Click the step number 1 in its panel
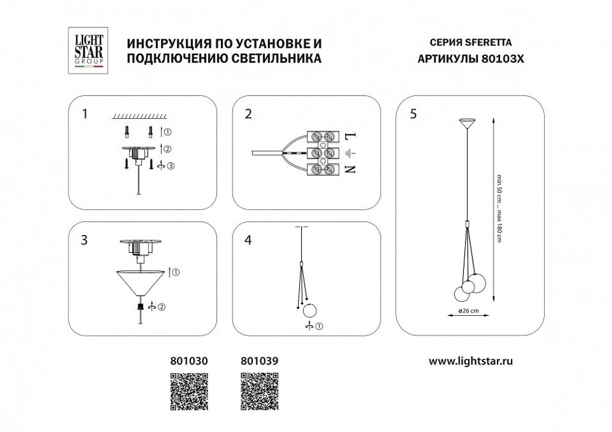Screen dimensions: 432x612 [86, 113]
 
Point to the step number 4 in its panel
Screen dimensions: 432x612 [248, 240]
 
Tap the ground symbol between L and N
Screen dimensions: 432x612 [351, 153]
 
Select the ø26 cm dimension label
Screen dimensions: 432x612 [468, 311]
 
